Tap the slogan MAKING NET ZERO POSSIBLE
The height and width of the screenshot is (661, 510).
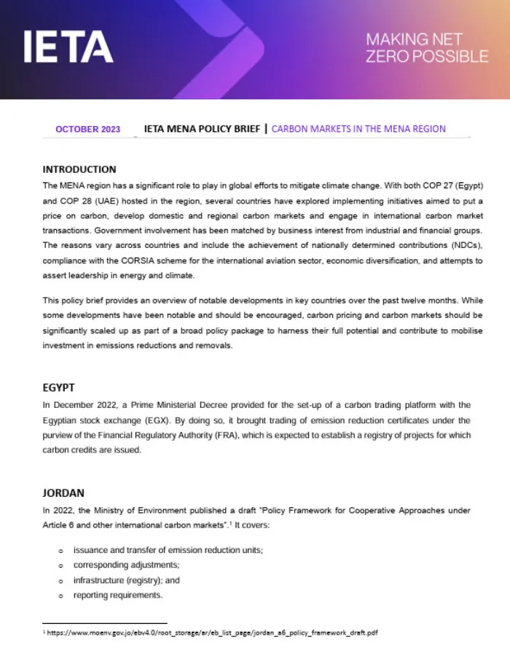[x=427, y=47]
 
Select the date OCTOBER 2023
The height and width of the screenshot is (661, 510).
[x=87, y=129]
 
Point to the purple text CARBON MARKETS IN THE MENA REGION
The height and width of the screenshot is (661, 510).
[x=358, y=129]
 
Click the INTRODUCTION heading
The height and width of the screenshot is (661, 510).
[x=79, y=169]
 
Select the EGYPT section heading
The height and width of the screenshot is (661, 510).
[x=59, y=387]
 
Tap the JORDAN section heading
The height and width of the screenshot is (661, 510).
[x=63, y=492]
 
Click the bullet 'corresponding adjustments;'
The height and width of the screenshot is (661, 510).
[x=126, y=565]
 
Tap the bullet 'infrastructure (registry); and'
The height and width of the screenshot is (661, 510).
[x=126, y=580]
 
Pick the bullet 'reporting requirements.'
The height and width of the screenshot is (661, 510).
[x=118, y=595]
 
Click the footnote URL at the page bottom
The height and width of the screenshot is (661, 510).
[x=212, y=633]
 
